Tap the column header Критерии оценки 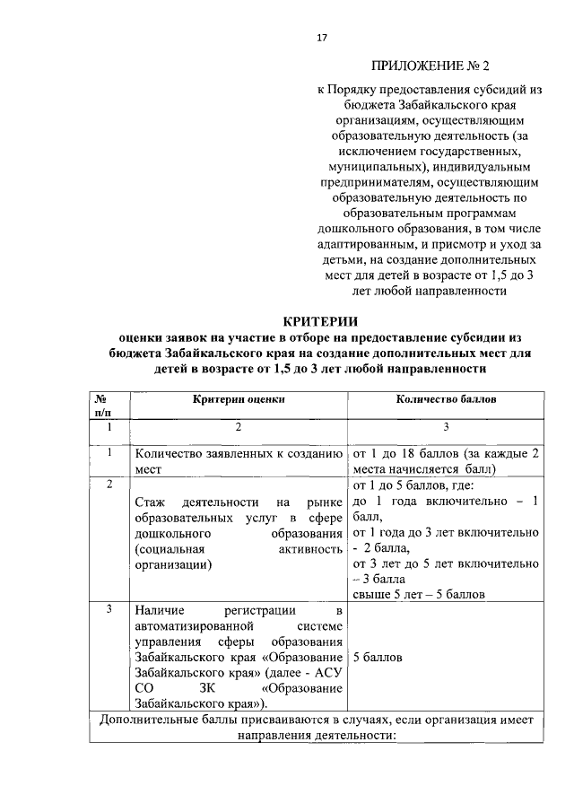point(238,398)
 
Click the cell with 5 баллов point(378,657)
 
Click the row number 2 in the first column point(109,485)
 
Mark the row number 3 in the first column point(109,610)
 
